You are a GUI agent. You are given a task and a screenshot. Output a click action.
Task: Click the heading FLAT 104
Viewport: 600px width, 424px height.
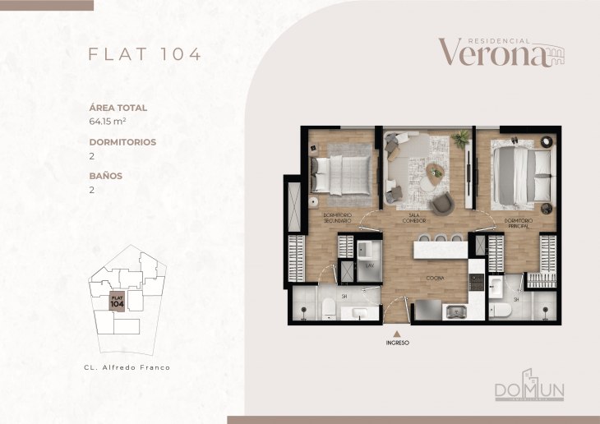[x=145, y=54]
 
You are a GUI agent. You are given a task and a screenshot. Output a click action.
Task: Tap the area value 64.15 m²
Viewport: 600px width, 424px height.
[x=112, y=122]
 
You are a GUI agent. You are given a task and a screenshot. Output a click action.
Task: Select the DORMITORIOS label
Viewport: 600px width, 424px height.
[x=122, y=141]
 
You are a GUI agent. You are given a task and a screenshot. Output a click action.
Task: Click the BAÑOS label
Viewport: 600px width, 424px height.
[x=105, y=175]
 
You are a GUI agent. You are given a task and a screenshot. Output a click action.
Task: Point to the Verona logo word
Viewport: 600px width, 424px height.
[x=492, y=53]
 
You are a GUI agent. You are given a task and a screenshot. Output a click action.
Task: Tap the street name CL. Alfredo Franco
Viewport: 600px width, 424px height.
[x=127, y=367]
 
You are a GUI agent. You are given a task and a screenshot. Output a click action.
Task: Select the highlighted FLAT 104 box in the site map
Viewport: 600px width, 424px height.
[x=117, y=300]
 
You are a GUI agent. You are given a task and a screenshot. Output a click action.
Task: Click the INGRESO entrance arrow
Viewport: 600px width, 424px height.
[x=396, y=334]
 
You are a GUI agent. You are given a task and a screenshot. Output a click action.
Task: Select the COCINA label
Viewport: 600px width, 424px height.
[x=435, y=279]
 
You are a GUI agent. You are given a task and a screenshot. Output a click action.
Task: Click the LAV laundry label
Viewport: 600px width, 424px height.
[x=370, y=266]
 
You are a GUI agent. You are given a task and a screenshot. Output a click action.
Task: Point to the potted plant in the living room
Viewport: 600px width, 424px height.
[x=461, y=137]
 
